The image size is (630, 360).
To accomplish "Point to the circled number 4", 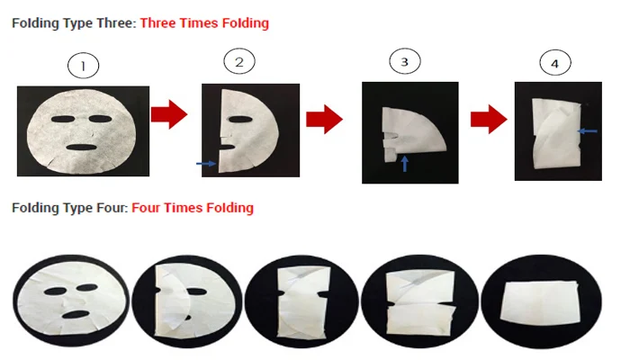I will (x=554, y=64).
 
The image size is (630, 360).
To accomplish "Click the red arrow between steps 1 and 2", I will (x=168, y=114).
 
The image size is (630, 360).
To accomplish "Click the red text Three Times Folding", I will (x=204, y=22).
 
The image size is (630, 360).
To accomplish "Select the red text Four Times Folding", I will (x=193, y=208).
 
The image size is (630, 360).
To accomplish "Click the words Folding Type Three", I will (x=73, y=22).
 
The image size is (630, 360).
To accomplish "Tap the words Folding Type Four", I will (x=69, y=208).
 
